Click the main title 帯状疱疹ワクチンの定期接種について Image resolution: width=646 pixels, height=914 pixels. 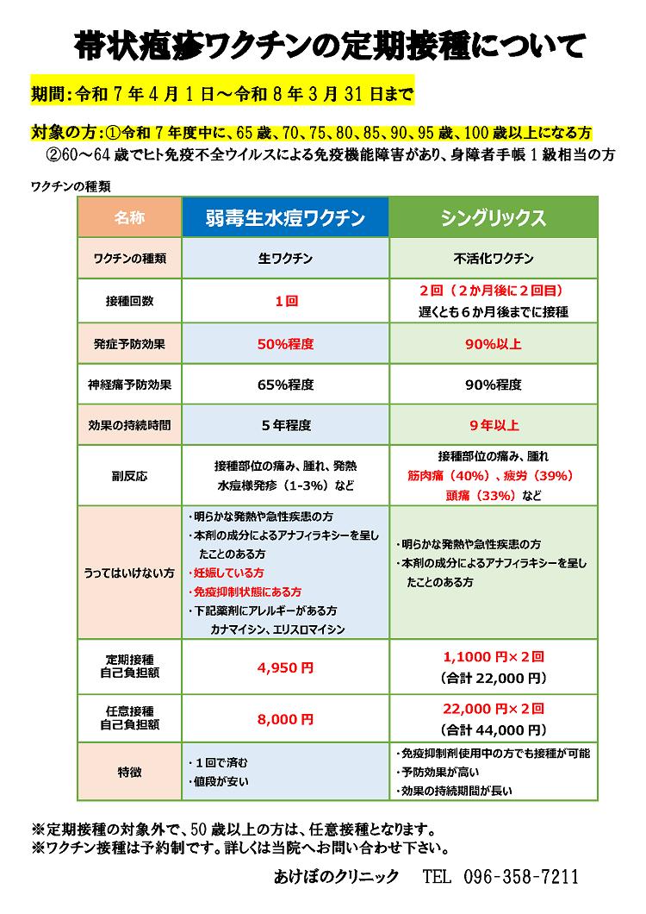tap(330, 44)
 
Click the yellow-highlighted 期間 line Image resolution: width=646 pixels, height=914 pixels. tap(222, 93)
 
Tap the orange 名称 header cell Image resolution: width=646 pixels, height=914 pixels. tap(129, 217)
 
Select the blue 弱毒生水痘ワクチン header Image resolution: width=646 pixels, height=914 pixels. tap(285, 217)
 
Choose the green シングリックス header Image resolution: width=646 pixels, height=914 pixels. tap(494, 217)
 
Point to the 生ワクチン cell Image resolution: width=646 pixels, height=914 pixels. tap(285, 258)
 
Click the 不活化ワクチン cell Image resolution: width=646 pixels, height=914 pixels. tap(494, 258)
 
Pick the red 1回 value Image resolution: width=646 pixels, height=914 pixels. tap(285, 302)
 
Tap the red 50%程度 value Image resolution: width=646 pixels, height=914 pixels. tap(285, 344)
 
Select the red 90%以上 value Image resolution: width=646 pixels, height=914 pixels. tap(494, 344)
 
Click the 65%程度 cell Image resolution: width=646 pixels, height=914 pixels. tap(285, 385)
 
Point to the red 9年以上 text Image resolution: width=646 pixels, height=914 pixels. tap(494, 425)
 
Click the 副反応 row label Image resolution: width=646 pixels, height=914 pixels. tap(129, 475)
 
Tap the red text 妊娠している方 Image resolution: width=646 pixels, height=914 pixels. tap(227, 573)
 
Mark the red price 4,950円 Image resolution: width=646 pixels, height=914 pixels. tap(285, 667)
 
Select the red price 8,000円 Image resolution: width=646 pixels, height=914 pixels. tap(285, 718)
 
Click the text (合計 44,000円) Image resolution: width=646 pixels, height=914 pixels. tap(494, 729)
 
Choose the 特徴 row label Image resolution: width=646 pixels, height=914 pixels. tap(129, 772)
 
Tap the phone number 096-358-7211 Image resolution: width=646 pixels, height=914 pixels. tap(521, 877)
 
